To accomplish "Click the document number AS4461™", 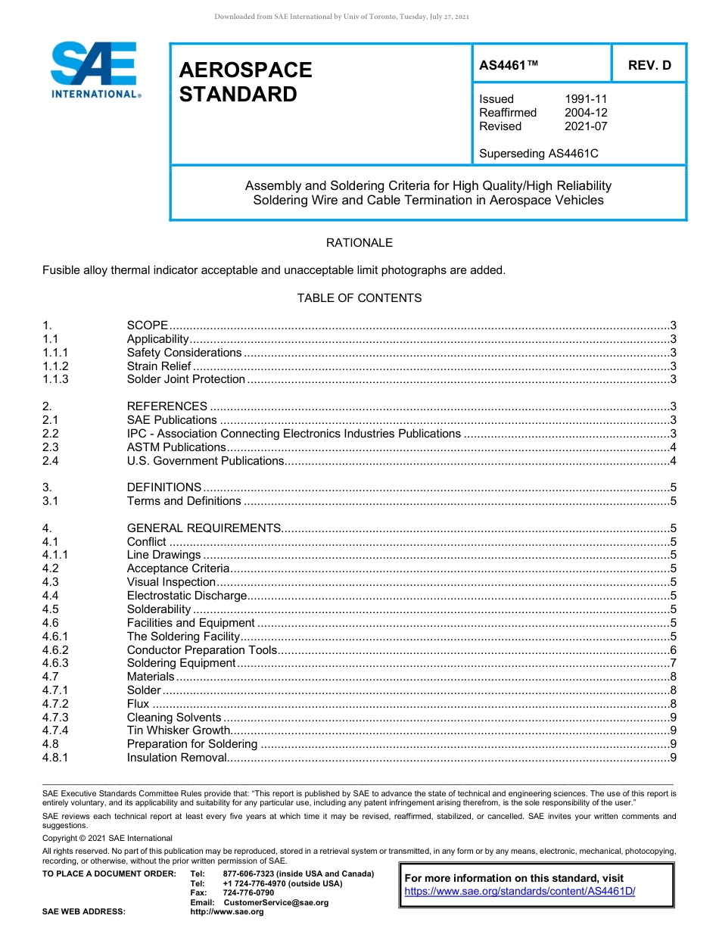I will coord(509,65).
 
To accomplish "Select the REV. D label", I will coord(649,65).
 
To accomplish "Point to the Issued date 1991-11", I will coord(585,99).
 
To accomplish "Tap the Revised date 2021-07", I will coord(585,126).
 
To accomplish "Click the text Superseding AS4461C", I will coord(538,154).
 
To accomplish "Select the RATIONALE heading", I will coord(359,243).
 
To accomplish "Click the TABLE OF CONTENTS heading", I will coord(359,298).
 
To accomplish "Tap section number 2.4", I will coord(51,461).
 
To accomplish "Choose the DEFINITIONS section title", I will coord(164,487).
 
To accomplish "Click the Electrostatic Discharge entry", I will coord(187,596).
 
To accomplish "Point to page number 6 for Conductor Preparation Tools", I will coord(673,650).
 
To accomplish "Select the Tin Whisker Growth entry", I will coord(178,730).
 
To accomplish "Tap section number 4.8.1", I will coord(55,758).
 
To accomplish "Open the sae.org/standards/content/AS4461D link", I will coord(519,892).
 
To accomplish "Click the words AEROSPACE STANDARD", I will coord(245,82).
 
